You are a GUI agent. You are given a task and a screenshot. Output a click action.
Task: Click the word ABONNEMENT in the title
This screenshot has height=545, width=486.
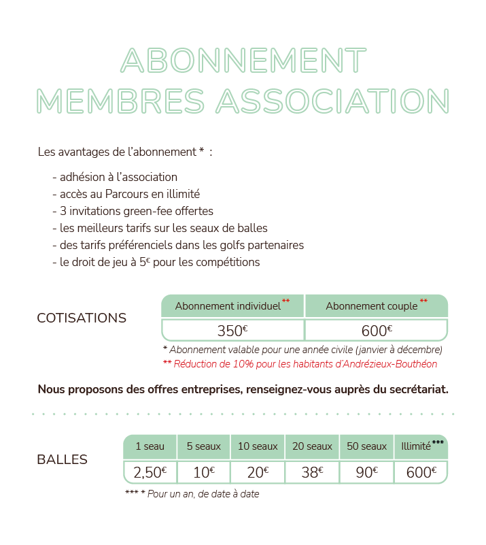[x=243, y=61]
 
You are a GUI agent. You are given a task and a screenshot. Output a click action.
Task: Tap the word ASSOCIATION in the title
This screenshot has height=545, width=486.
[x=332, y=101]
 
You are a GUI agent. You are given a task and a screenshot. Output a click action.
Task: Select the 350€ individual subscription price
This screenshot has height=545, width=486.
[x=232, y=331]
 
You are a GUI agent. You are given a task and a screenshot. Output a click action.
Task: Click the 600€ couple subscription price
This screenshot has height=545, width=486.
[x=377, y=331]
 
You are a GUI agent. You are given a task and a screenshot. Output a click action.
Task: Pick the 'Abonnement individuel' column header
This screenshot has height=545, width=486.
[x=228, y=306]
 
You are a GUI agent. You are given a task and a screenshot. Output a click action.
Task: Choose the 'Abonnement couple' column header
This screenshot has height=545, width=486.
[x=372, y=306]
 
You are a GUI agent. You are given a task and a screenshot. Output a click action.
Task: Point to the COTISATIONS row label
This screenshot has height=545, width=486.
[x=82, y=318]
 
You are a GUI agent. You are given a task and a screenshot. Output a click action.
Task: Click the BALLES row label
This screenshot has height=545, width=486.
[x=62, y=460]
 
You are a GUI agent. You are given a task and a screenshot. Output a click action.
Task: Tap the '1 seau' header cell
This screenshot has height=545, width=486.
[x=150, y=447]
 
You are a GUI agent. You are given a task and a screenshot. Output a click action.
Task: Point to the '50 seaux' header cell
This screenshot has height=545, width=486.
[x=366, y=447]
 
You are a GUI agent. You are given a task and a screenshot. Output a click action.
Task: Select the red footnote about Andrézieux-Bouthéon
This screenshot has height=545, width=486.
[x=300, y=364]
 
